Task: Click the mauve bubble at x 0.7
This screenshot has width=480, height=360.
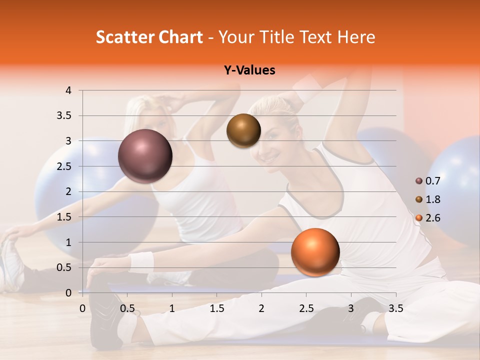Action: [x=145, y=156]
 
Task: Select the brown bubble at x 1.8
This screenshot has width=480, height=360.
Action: [x=243, y=130]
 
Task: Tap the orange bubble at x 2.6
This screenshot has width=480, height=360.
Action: [x=315, y=252]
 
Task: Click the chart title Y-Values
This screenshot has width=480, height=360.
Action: [x=249, y=70]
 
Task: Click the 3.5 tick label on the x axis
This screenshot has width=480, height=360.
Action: [x=395, y=308]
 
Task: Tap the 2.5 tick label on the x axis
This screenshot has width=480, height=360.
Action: [x=306, y=308]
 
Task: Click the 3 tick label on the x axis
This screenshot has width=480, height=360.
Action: [x=351, y=308]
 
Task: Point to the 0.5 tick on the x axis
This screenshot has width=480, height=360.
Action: [x=127, y=308]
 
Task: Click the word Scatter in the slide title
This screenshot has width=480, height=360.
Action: [x=121, y=37]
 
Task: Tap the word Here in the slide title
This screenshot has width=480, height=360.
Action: [x=356, y=37]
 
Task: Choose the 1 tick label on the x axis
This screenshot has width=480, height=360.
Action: [x=172, y=308]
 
